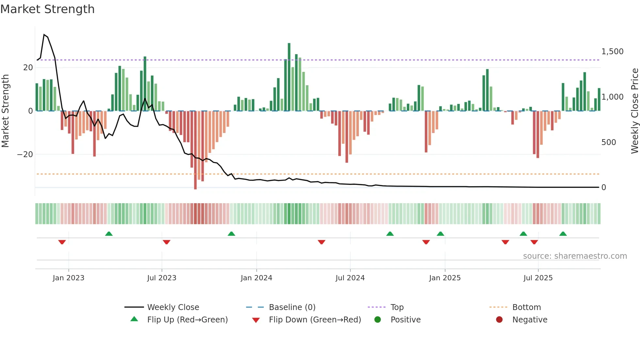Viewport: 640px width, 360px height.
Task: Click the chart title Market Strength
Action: [x=48, y=9]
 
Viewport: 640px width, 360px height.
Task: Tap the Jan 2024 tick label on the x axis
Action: [x=256, y=278]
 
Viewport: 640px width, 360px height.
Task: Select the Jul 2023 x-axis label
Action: [x=162, y=278]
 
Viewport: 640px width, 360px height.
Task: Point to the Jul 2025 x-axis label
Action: [x=538, y=278]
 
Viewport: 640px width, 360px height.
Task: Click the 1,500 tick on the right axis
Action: [x=612, y=52]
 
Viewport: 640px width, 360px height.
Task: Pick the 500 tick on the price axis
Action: [x=608, y=142]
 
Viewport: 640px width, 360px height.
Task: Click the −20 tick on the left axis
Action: [x=25, y=154]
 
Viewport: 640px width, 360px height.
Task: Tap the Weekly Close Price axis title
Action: [x=634, y=111]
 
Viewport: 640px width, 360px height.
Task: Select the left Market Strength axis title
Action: [x=5, y=111]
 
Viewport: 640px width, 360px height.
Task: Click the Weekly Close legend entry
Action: [x=173, y=307]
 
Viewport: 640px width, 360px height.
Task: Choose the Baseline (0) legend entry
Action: [x=292, y=307]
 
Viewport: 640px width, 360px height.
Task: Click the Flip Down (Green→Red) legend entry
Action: [x=315, y=319]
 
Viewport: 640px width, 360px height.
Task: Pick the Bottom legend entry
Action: [x=526, y=307]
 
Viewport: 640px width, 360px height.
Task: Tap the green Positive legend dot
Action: [x=377, y=319]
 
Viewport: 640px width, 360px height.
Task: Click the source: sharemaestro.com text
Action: [x=575, y=256]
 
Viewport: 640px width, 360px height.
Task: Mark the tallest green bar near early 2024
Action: [x=289, y=77]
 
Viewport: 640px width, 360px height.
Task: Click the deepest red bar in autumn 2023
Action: [x=195, y=150]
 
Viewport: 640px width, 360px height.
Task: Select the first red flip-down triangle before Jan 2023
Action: [x=62, y=242]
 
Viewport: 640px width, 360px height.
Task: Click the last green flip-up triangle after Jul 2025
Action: [x=563, y=234]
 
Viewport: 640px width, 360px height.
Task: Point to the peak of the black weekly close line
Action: [x=44, y=35]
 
